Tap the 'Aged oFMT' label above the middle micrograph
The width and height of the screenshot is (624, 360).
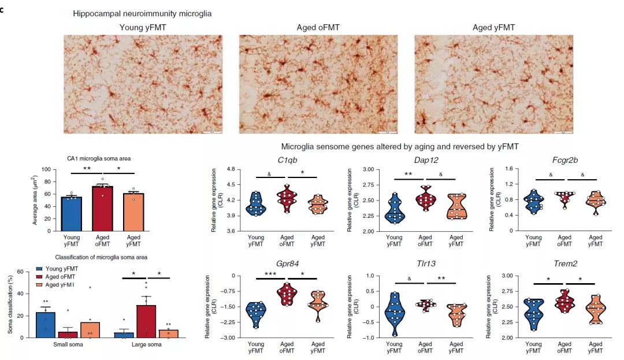[x=318, y=27]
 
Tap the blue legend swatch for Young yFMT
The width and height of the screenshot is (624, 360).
[x=39, y=269]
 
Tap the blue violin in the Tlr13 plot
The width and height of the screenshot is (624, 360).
[x=395, y=314]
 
